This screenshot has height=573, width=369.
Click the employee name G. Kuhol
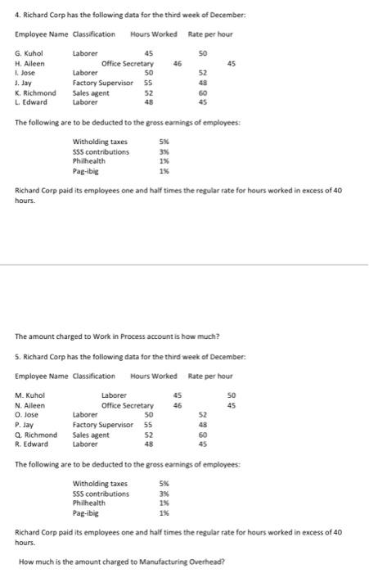tap(30, 53)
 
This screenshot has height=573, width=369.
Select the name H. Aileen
tap(30, 63)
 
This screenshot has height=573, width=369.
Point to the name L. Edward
tap(31, 102)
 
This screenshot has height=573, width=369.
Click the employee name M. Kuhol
tap(30, 397)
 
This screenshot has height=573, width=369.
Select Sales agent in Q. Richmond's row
tap(92, 435)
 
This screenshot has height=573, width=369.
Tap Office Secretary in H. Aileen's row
tap(128, 63)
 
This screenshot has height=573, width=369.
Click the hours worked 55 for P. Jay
tap(149, 426)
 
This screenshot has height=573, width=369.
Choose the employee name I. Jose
tap(26, 73)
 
